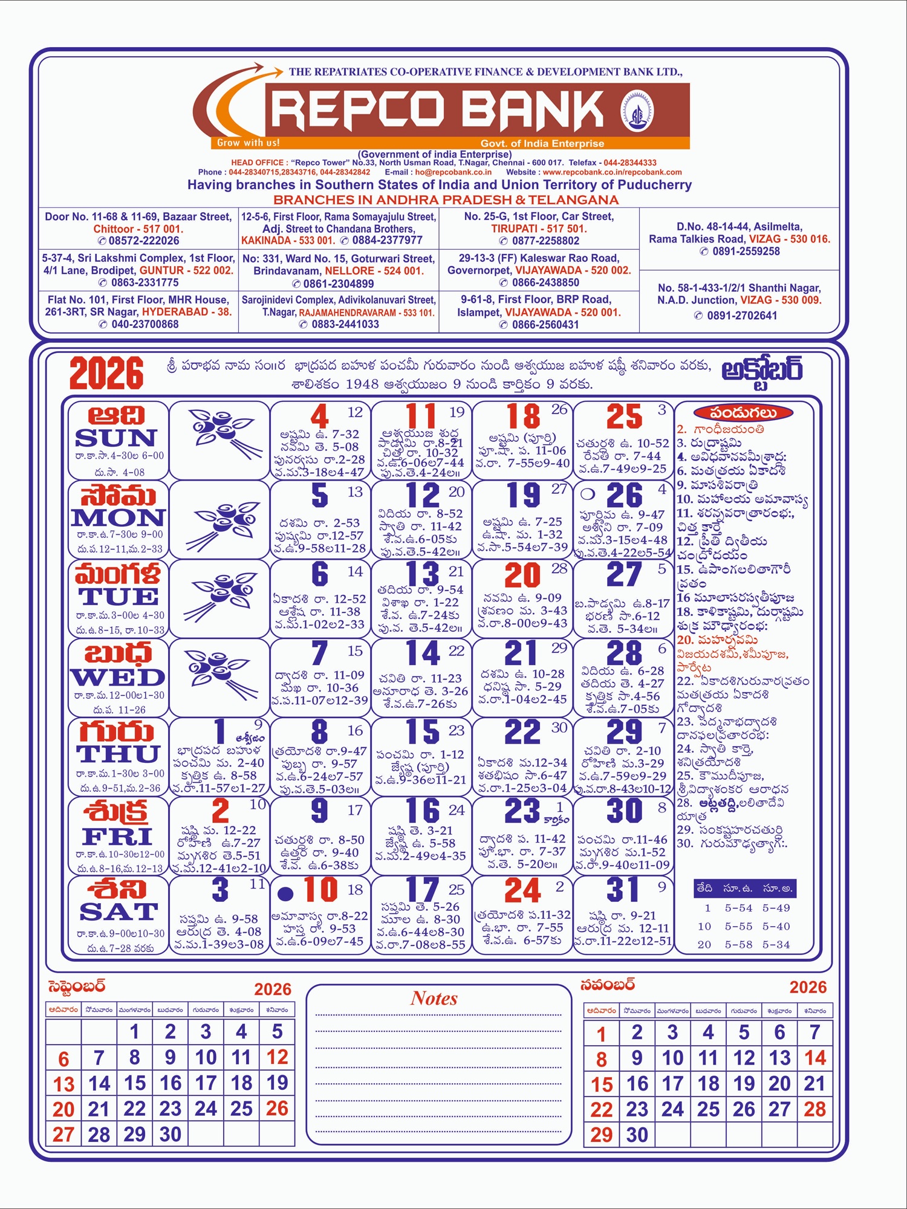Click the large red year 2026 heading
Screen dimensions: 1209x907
tap(106, 374)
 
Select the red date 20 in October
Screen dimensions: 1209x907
tap(522, 575)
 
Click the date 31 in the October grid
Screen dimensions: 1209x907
tap(623, 890)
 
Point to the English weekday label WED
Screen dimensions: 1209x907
tap(117, 677)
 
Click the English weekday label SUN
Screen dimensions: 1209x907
tap(115, 438)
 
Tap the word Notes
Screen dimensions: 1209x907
tap(434, 999)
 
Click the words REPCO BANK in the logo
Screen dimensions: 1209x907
tap(437, 111)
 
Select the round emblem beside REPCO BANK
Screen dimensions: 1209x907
tap(637, 111)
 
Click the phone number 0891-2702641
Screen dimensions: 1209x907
tap(742, 316)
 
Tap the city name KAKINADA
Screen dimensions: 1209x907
tap(265, 241)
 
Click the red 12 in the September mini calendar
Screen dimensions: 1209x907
tap(277, 1057)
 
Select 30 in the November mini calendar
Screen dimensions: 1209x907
tap(637, 1135)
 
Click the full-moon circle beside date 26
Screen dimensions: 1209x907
tap(587, 494)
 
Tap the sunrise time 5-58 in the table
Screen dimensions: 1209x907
tap(739, 944)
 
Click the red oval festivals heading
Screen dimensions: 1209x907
tap(743, 413)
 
